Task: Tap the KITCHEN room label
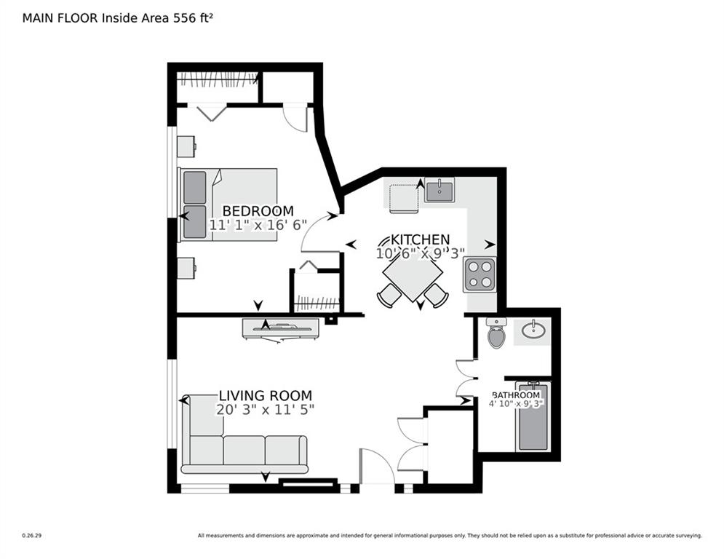[420, 239]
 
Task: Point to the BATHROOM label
[516, 395]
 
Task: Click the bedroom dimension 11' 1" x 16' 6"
[258, 226]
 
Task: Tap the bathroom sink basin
[533, 331]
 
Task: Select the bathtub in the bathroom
[533, 417]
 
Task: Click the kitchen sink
[439, 191]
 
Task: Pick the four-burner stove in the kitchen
[479, 275]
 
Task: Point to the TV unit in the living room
[281, 328]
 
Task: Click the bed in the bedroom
[228, 205]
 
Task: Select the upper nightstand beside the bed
[186, 146]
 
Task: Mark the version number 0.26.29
[31, 536]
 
